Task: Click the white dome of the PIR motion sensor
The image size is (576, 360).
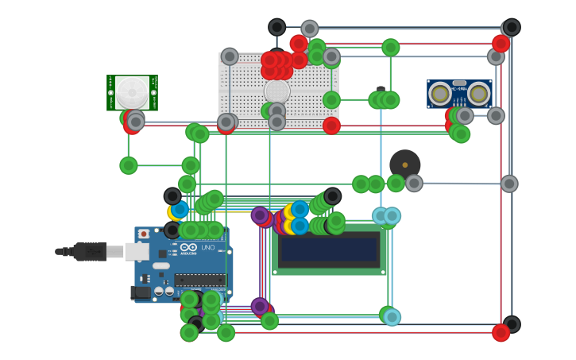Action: tap(132, 92)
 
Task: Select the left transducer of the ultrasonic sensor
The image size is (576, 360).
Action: tap(440, 94)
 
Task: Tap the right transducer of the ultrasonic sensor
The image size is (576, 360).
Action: tap(478, 94)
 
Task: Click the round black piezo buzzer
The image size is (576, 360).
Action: tap(404, 165)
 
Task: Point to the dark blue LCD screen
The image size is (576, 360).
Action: tap(329, 250)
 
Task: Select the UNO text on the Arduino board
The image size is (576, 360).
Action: tap(208, 248)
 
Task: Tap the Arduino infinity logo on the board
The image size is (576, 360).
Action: tap(189, 248)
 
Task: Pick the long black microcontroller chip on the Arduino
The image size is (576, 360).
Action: tap(199, 280)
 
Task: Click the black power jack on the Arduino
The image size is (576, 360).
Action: tap(141, 292)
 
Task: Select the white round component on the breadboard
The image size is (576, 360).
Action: tap(276, 91)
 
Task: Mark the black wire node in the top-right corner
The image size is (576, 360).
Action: tap(512, 27)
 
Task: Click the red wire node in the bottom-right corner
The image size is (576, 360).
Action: tap(501, 333)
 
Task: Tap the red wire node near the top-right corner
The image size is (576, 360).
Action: tap(501, 44)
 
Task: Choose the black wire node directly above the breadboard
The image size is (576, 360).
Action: tap(276, 27)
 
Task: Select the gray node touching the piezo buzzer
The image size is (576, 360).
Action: tap(414, 184)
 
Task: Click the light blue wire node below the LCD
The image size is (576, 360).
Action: tap(392, 317)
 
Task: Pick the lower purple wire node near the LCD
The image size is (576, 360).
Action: tap(260, 306)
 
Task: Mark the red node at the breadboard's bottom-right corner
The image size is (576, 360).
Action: tap(331, 126)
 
